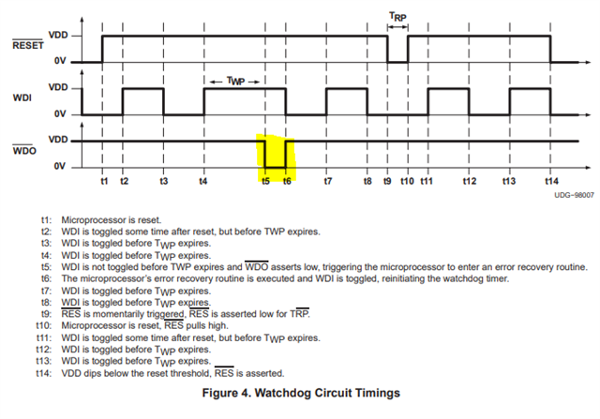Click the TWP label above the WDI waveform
pyautogui.click(x=235, y=82)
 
